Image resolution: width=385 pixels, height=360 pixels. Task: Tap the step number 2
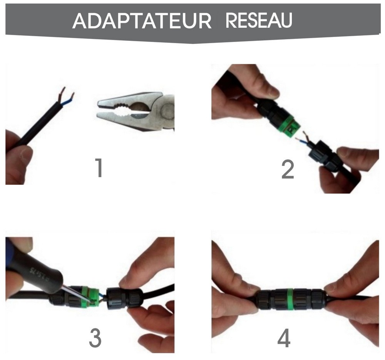coord(288,169)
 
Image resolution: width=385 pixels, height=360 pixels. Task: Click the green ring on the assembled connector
coord(292,299)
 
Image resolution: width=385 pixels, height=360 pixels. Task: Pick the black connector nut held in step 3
coord(122,298)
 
